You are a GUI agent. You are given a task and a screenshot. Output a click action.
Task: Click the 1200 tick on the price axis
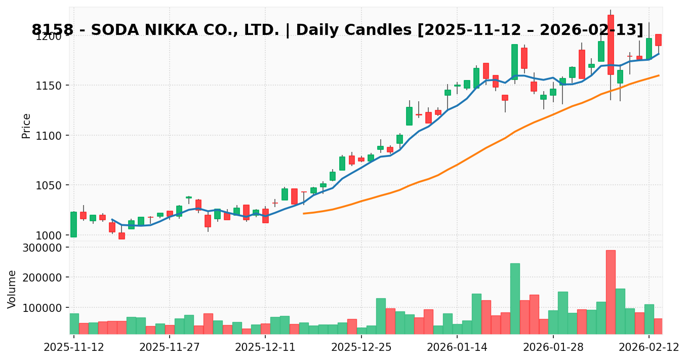tap(48, 36)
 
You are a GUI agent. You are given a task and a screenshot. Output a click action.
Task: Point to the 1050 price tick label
tap(48, 185)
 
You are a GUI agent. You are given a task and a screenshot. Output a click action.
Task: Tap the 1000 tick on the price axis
tap(48, 235)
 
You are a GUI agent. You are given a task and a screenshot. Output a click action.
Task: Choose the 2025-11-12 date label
tap(74, 347)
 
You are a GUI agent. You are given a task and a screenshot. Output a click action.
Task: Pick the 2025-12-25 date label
tap(361, 347)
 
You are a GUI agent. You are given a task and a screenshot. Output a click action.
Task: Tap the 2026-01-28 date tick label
tap(553, 347)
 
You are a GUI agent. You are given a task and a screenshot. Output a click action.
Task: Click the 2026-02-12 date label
tap(649, 347)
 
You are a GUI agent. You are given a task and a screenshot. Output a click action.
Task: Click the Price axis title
tap(26, 126)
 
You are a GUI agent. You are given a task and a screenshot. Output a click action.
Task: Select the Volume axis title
tap(12, 289)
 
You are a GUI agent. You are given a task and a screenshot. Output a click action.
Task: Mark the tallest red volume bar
tap(611, 292)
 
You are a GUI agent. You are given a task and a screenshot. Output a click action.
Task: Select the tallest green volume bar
tap(515, 298)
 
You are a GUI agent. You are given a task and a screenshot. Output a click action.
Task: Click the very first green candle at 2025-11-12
tap(74, 224)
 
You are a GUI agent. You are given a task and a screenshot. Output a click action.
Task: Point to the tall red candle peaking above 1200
tap(611, 45)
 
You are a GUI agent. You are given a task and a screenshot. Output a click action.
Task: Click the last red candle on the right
tap(658, 40)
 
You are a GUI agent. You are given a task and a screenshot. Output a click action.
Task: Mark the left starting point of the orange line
tap(304, 213)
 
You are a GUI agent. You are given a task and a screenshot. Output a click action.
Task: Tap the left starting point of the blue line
tap(112, 219)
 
